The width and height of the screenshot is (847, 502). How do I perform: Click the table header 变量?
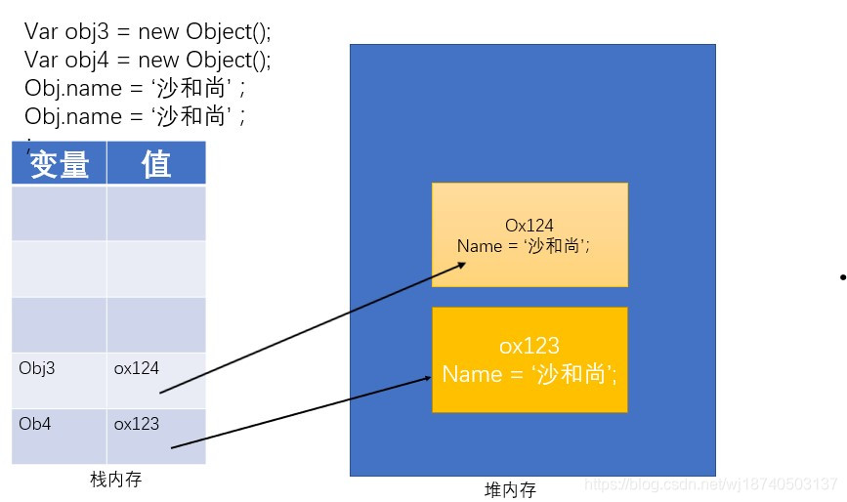pos(60,164)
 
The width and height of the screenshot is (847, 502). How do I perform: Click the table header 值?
pos(156,164)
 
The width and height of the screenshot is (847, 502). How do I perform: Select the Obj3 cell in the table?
pos(59,380)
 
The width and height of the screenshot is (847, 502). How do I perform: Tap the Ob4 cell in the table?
pos(59,436)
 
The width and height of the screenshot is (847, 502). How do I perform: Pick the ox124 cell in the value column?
pos(156,380)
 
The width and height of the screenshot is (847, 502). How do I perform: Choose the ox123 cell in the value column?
pos(156,436)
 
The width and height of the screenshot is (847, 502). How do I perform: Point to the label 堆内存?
pos(510,489)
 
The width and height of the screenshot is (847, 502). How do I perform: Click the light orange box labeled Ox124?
pos(529,234)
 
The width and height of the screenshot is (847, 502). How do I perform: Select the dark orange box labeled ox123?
pos(529,359)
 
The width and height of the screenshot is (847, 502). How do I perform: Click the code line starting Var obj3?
pos(147,31)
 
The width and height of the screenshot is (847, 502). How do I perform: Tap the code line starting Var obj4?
pos(147,60)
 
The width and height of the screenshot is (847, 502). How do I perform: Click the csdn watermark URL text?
pos(710,484)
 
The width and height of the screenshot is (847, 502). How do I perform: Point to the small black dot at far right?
pos(841,278)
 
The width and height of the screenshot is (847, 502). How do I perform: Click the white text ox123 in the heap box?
pos(529,346)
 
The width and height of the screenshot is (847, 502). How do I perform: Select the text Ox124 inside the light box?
pos(529,226)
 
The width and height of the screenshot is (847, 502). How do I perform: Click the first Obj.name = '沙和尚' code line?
pos(134,89)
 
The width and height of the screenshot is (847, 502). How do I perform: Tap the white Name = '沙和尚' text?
pos(529,374)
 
